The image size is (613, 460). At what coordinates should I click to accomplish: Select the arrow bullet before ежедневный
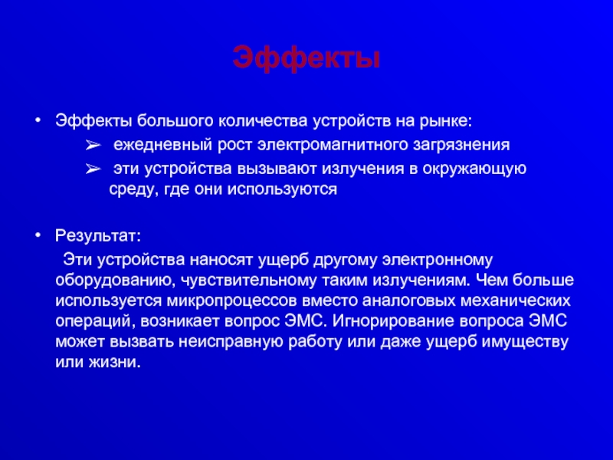(x=93, y=146)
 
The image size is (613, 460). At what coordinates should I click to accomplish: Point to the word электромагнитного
(x=333, y=145)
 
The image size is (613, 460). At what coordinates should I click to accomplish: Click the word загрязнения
(x=462, y=145)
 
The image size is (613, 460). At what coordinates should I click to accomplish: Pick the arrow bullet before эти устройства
(x=93, y=169)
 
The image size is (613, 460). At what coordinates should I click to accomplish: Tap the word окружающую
(x=474, y=169)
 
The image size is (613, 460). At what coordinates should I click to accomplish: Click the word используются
(x=282, y=189)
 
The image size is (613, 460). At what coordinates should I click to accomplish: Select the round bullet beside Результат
(x=38, y=235)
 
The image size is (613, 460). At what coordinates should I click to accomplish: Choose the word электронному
(x=437, y=260)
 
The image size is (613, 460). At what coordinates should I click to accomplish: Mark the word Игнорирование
(x=393, y=321)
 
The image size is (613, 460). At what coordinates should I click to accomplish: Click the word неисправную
(x=231, y=342)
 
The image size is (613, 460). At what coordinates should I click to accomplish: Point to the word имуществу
(x=525, y=342)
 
